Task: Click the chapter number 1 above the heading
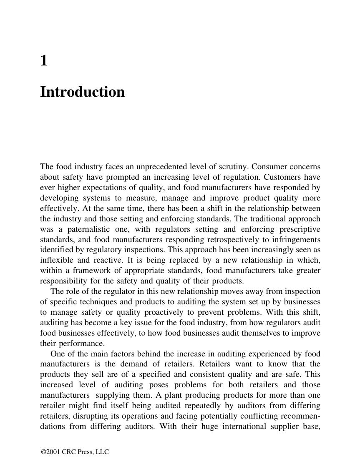point(44,61)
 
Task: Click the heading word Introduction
point(82,92)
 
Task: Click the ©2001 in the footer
point(50,452)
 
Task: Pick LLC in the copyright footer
point(102,452)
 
